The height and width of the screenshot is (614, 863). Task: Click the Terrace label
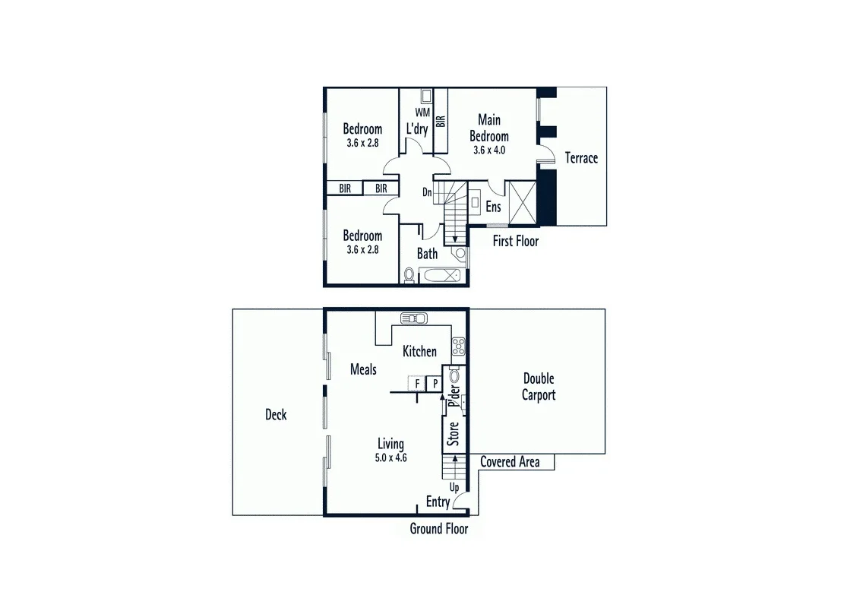click(581, 158)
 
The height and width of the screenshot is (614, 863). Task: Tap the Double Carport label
click(539, 387)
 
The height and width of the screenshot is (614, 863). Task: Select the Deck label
click(276, 415)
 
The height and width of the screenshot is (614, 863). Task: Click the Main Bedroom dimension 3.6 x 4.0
click(489, 150)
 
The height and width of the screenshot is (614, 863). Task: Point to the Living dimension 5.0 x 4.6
click(392, 457)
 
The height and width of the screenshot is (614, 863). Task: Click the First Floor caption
click(516, 241)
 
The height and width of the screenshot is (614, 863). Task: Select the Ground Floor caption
click(439, 529)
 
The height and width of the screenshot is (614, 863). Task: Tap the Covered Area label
click(510, 462)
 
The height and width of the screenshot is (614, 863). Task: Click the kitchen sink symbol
click(414, 318)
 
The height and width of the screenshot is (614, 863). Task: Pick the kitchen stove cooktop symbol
click(458, 347)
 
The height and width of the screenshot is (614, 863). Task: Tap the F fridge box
click(417, 384)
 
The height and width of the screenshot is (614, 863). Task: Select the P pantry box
click(435, 384)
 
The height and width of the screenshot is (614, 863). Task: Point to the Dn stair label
click(428, 192)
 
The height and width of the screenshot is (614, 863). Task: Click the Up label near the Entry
click(454, 487)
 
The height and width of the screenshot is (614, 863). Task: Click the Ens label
click(494, 207)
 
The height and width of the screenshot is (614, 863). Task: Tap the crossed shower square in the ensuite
click(522, 203)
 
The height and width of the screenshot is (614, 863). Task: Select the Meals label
click(363, 369)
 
